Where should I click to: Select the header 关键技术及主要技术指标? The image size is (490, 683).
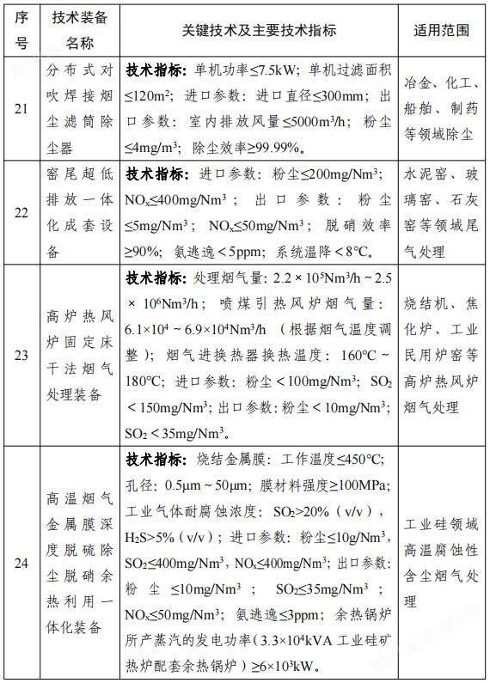tap(259, 30)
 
